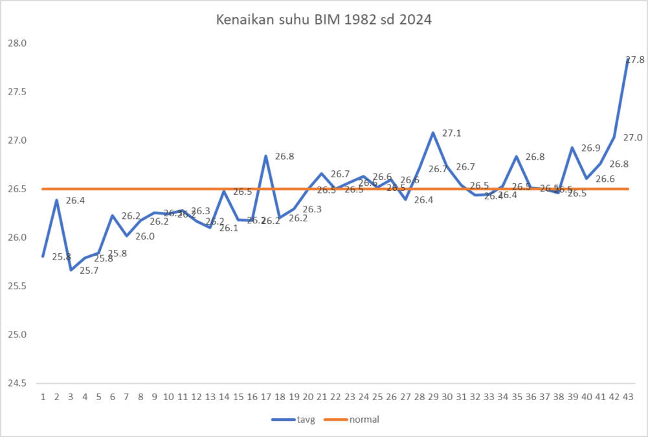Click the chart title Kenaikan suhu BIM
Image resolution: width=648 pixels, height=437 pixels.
324,19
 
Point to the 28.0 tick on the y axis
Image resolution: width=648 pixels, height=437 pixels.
16,43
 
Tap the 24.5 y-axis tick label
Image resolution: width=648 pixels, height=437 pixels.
16,383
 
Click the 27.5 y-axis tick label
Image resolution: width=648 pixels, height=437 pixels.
16,92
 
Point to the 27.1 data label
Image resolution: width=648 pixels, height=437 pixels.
451,133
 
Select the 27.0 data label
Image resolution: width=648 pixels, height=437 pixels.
633,137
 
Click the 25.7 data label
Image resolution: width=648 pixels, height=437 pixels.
89,271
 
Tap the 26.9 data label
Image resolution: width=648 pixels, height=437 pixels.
590,148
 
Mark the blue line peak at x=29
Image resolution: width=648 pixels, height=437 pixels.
433,133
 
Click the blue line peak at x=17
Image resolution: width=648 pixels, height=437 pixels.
265,156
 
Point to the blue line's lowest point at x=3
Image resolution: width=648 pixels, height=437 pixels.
71,269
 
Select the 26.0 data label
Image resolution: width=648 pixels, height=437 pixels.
145,237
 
